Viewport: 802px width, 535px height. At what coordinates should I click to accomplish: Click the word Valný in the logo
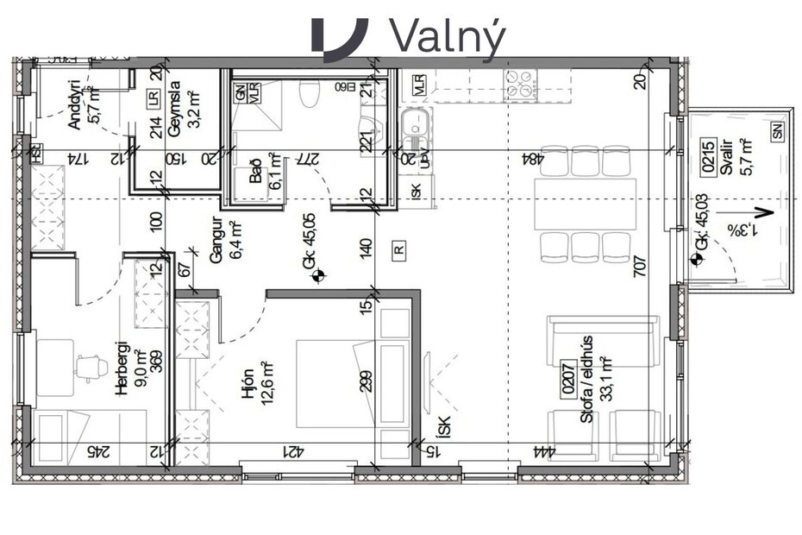click(447, 35)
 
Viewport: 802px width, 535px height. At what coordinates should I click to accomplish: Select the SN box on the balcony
click(779, 132)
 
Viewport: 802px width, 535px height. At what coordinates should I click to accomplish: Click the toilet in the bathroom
click(309, 91)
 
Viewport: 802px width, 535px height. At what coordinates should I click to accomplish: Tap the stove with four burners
click(521, 85)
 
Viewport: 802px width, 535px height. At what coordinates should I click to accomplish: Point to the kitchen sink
click(415, 128)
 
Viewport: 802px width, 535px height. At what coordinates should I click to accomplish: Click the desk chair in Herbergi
click(91, 368)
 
